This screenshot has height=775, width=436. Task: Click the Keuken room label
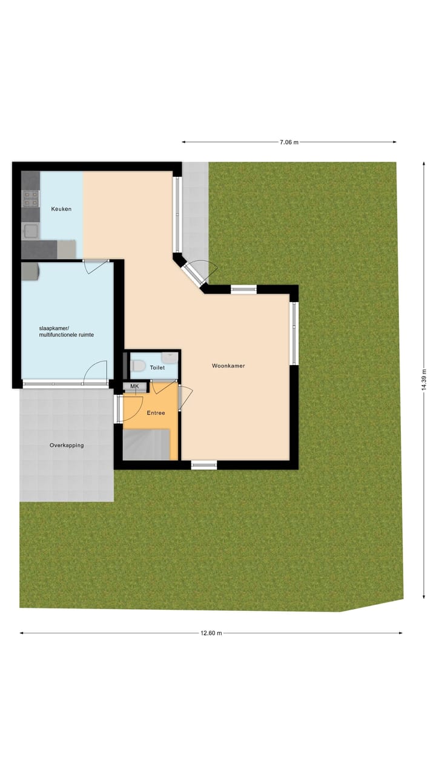point(61,209)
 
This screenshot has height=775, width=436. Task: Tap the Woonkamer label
point(228,366)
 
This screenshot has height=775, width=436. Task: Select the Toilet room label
point(157,368)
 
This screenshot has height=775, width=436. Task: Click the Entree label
point(156,413)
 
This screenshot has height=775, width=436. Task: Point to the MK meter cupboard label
point(134,386)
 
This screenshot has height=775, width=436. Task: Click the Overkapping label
point(67,445)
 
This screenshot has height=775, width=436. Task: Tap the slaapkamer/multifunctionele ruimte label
point(67,331)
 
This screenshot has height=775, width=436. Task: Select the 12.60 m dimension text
point(211,633)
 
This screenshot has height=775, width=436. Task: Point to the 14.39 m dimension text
point(424,380)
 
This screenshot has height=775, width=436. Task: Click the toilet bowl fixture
point(138,366)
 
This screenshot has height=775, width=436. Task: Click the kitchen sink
point(30,230)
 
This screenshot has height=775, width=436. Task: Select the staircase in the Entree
point(146,444)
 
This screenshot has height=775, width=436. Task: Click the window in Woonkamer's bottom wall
point(204,465)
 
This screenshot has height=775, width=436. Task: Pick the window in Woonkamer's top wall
point(243,289)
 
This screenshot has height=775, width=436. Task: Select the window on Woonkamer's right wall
point(294,333)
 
